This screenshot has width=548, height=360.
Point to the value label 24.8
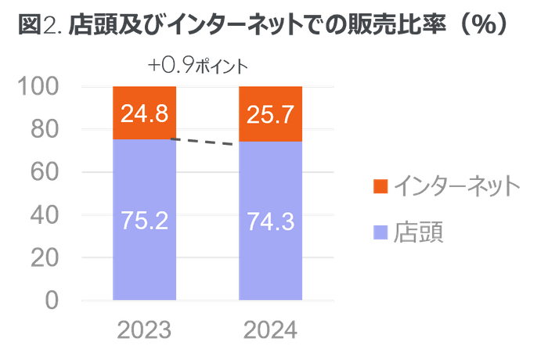coord(144,115)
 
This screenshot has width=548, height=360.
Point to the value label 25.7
coord(271,115)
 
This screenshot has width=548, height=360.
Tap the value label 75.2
coord(144,221)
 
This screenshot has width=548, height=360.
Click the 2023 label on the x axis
coord(144,330)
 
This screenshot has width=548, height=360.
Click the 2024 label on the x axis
coord(271,330)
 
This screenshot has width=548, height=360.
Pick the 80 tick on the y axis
coord(44,129)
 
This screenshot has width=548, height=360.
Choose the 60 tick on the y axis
coord(44,172)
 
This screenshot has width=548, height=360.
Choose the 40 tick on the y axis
coord(44,214)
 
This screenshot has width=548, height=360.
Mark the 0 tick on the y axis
coord(52,300)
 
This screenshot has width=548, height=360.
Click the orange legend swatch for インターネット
coord(380,186)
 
